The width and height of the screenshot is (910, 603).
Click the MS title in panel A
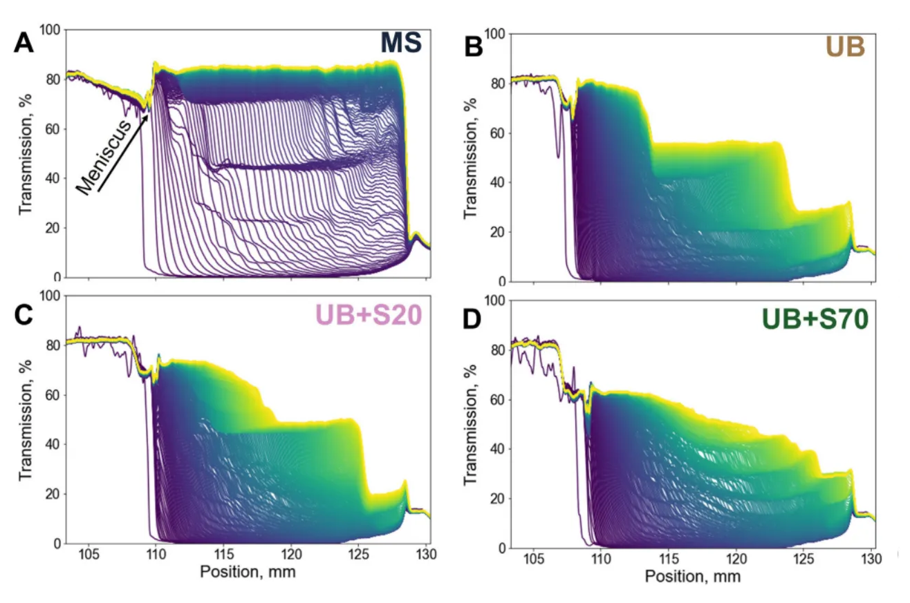(x=401, y=45)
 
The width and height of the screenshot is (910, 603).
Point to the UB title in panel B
(x=843, y=47)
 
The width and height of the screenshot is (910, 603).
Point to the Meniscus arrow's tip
(x=149, y=115)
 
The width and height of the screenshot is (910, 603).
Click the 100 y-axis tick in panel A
(x=51, y=30)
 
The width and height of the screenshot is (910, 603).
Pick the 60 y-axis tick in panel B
(x=497, y=133)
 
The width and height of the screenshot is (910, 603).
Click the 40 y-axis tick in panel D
(x=497, y=449)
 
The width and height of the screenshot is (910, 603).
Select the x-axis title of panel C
(x=248, y=573)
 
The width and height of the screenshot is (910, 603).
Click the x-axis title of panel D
(x=692, y=577)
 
